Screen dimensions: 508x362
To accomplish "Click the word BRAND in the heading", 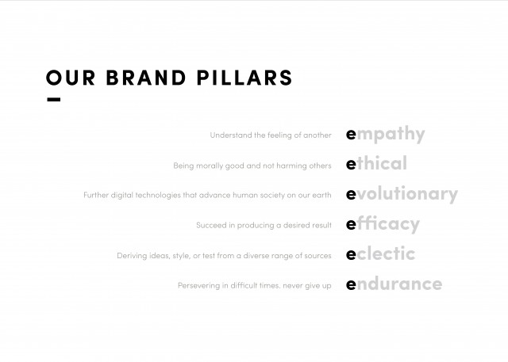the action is coord(146,78).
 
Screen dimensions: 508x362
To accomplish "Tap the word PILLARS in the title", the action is coord(244,78).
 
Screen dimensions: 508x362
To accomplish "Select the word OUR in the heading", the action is coord(71,78).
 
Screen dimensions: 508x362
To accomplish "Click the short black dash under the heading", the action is coord(54,100).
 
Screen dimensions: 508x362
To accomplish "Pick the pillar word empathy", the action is coord(386,134).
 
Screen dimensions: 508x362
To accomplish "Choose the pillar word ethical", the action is coord(376,163).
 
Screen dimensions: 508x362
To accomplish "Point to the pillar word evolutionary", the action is coord(402,194).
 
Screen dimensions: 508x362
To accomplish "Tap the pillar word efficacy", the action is coord(383,224).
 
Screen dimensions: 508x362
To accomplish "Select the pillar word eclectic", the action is coord(381,253).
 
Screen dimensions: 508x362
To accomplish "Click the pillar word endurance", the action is coord(394,284).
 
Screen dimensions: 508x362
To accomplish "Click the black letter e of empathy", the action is coord(351,134).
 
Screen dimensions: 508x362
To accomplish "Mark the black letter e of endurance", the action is coord(351,284).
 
